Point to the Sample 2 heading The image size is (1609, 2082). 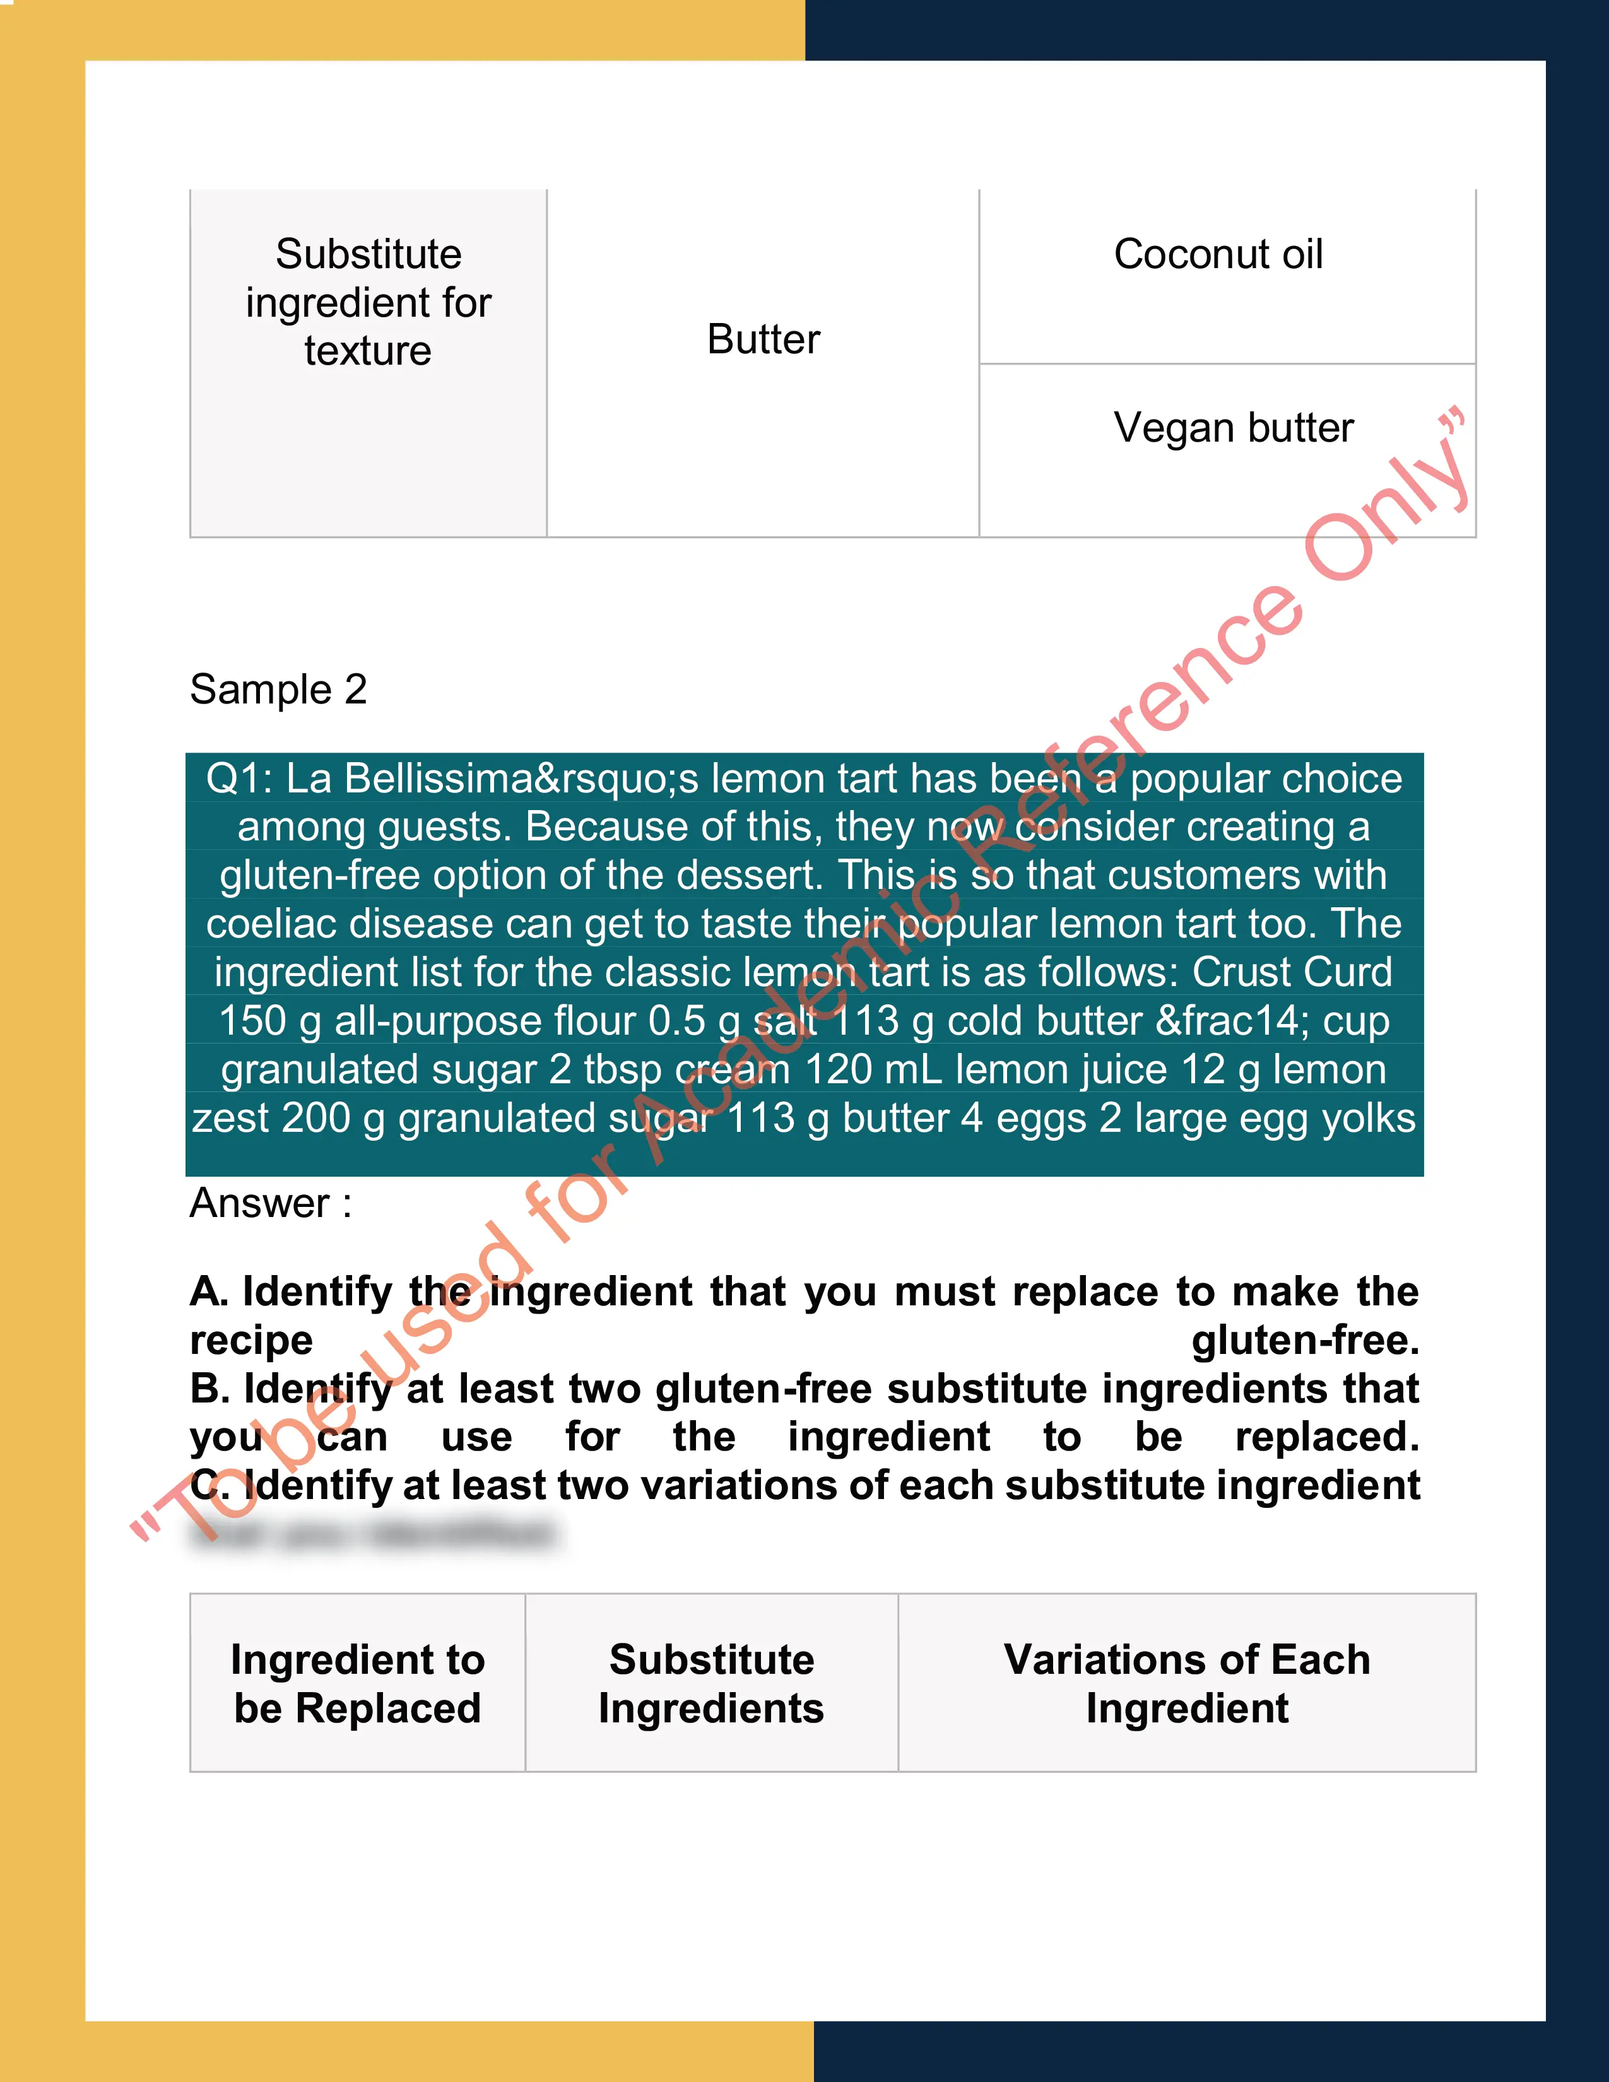tap(278, 689)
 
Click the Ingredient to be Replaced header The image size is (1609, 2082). tap(357, 1683)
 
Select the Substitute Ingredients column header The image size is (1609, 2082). tap(711, 1683)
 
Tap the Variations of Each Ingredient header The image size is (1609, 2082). tap(1187, 1683)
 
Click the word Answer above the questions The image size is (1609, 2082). tap(260, 1203)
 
